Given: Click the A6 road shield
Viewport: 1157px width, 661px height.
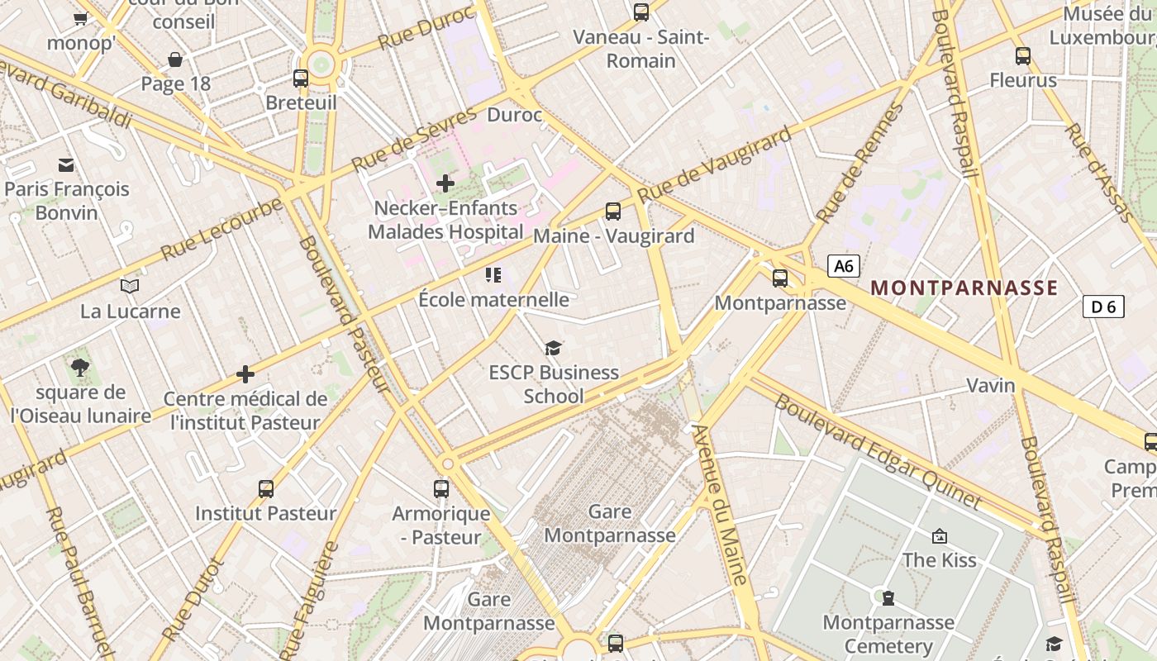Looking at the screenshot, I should tap(843, 266).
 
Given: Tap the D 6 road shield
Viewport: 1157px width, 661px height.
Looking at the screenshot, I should tap(1103, 307).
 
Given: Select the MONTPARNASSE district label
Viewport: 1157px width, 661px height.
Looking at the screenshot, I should tap(964, 288).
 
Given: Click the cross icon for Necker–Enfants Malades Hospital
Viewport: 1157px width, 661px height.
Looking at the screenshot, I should tap(445, 183).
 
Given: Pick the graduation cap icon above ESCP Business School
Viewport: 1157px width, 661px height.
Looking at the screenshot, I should tap(553, 349).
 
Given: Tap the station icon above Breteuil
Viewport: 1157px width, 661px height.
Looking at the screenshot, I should tap(301, 78).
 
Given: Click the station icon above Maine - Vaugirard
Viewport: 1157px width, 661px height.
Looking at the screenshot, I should tap(612, 212).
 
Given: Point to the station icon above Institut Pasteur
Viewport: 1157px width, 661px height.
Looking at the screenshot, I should tap(265, 488).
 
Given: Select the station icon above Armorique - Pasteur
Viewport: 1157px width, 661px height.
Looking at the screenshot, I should tap(441, 488).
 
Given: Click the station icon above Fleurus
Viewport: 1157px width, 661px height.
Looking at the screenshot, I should tap(1023, 56).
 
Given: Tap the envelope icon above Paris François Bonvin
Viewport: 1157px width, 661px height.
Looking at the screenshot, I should tap(66, 165).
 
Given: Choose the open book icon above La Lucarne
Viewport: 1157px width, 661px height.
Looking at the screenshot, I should tap(130, 287).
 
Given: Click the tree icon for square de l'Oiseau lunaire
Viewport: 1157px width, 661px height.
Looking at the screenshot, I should tap(80, 368).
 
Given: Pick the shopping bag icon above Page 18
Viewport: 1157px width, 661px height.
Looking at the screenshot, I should tap(175, 59).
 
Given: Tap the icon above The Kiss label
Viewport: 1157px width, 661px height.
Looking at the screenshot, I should tap(939, 536).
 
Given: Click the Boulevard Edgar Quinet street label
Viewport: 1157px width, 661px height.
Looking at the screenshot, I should tap(878, 451).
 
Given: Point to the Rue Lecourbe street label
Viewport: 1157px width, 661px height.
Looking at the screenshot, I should tap(222, 229).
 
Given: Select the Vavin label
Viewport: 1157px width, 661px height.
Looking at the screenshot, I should tap(991, 386).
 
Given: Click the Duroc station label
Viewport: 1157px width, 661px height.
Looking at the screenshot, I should tap(514, 115).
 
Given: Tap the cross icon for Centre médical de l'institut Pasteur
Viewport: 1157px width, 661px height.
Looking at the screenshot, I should tap(245, 374).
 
